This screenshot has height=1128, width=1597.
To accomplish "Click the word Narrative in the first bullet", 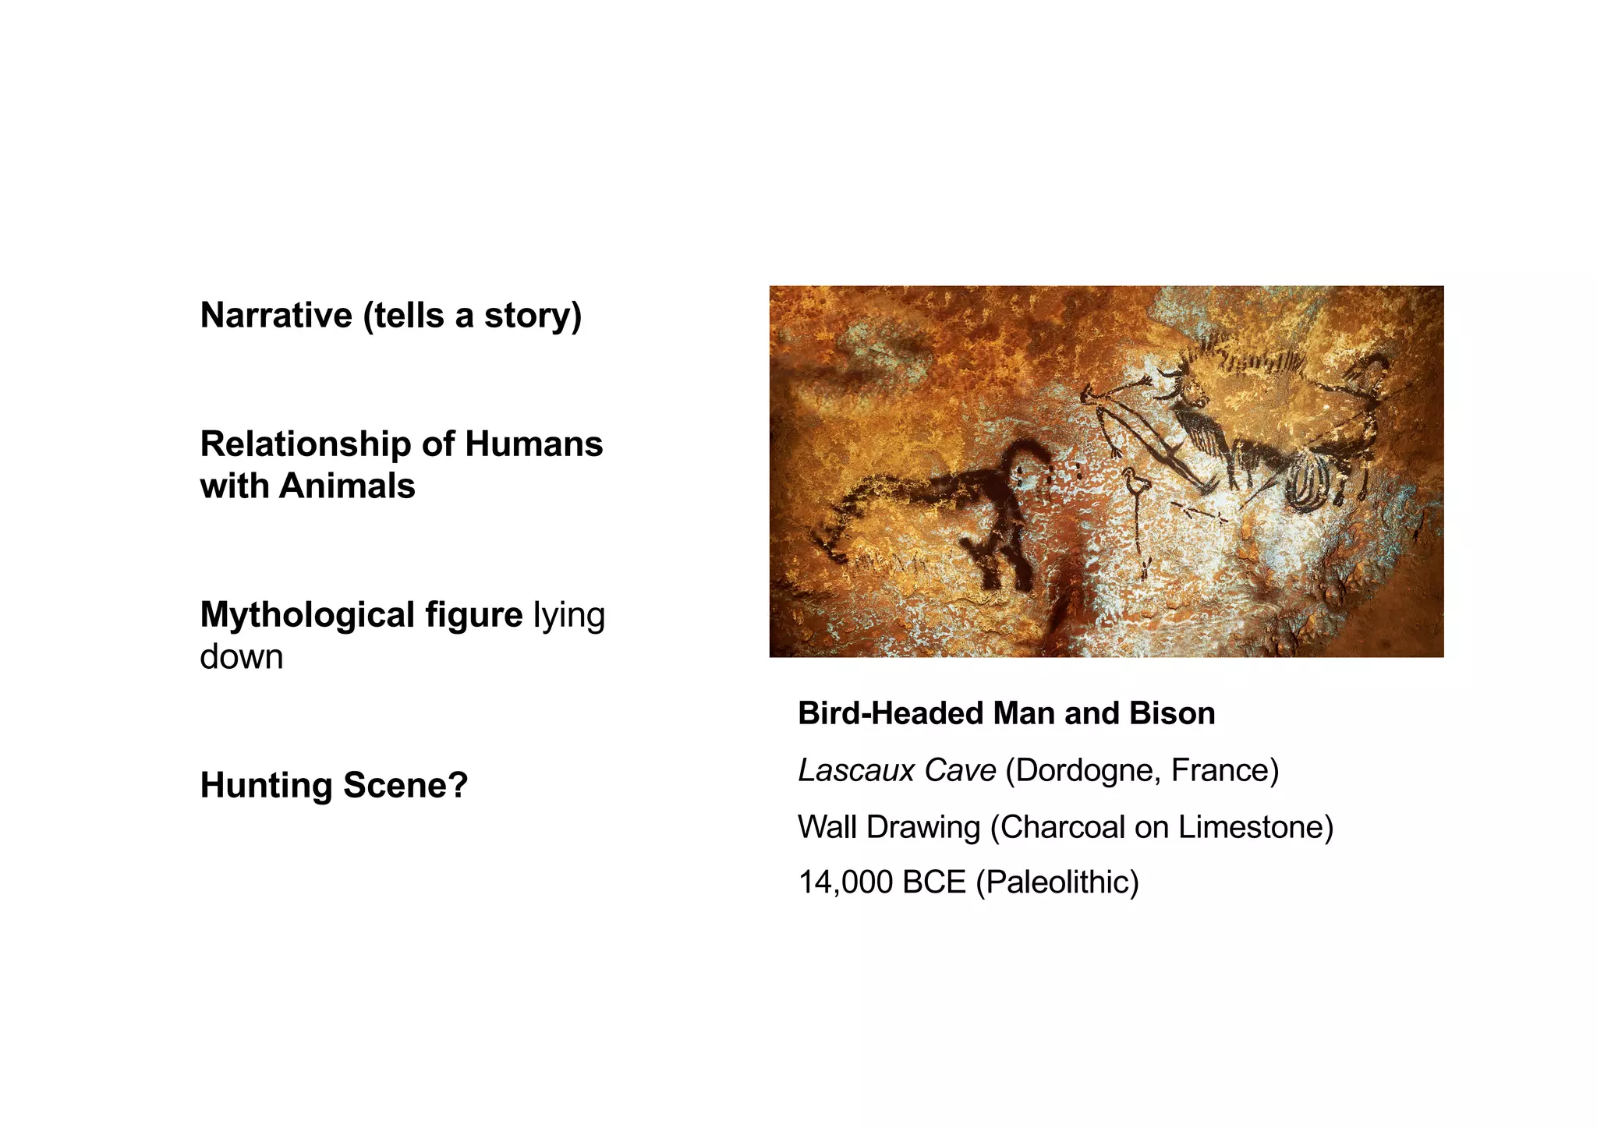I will tap(276, 316).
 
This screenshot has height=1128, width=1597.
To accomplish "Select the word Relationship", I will tap(305, 445).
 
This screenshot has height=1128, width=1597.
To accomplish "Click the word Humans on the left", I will tap(534, 445).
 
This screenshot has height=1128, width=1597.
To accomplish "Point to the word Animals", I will tap(347, 486).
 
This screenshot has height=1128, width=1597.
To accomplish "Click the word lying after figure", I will tap(569, 616).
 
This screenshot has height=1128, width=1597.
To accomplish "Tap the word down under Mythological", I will tap(241, 656).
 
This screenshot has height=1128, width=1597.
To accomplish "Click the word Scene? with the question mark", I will tap(405, 785).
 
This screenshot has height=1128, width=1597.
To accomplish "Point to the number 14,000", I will tap(845, 882).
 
